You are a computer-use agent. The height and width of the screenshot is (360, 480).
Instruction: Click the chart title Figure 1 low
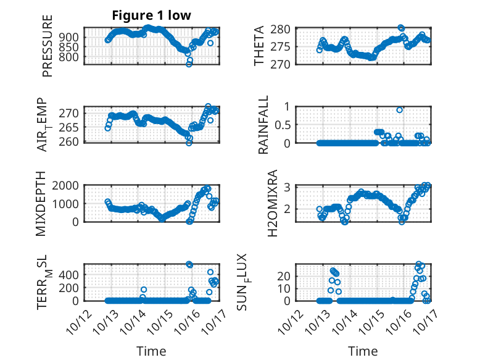pos(152,15)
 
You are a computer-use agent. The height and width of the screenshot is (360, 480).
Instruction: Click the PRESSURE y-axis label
pos(48,46)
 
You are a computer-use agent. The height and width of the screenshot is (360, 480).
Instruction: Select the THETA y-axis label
pos(259,46)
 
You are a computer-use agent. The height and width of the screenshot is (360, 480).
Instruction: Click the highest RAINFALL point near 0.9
pos(400,110)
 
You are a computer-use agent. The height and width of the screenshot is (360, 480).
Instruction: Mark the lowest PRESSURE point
pos(189,64)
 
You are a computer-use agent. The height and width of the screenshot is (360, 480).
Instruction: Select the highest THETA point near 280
pos(401,28)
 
